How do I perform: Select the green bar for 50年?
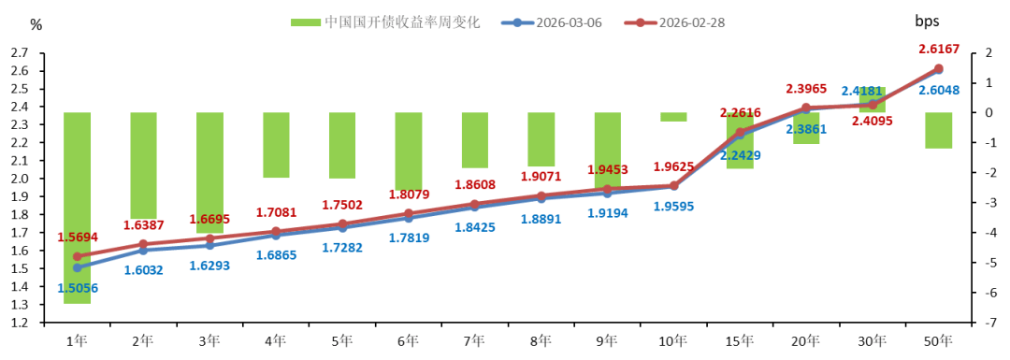(938, 130)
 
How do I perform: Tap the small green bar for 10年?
(673, 117)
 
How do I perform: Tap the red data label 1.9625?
(672, 167)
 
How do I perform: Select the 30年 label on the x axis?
(872, 341)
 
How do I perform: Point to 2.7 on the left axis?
(20, 53)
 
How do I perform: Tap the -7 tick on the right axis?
(981, 323)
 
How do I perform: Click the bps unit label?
(926, 21)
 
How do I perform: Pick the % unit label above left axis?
(36, 25)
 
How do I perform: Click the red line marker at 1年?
(77, 256)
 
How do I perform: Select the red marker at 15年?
(740, 132)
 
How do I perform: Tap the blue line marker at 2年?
(143, 251)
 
